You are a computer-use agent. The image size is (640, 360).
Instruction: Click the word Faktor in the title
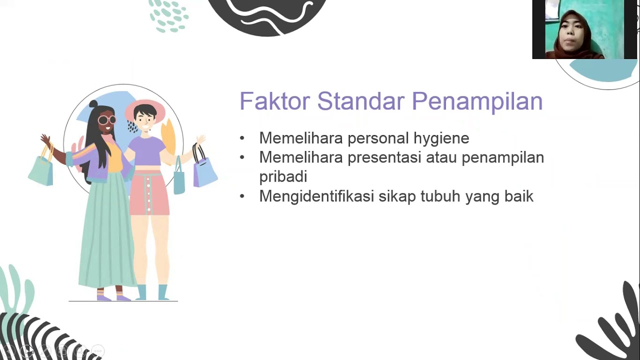(x=274, y=101)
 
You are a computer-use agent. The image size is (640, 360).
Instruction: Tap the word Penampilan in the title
(x=477, y=101)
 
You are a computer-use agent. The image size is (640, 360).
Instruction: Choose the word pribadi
(x=283, y=177)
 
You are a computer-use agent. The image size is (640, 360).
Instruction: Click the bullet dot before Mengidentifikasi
(x=242, y=196)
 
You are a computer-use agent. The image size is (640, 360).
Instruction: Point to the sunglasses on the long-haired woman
(x=106, y=119)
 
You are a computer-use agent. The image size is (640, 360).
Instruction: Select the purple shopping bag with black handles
(x=204, y=170)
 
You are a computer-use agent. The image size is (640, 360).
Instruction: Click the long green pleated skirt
(x=106, y=235)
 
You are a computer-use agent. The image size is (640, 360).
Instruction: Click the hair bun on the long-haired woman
(x=93, y=104)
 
